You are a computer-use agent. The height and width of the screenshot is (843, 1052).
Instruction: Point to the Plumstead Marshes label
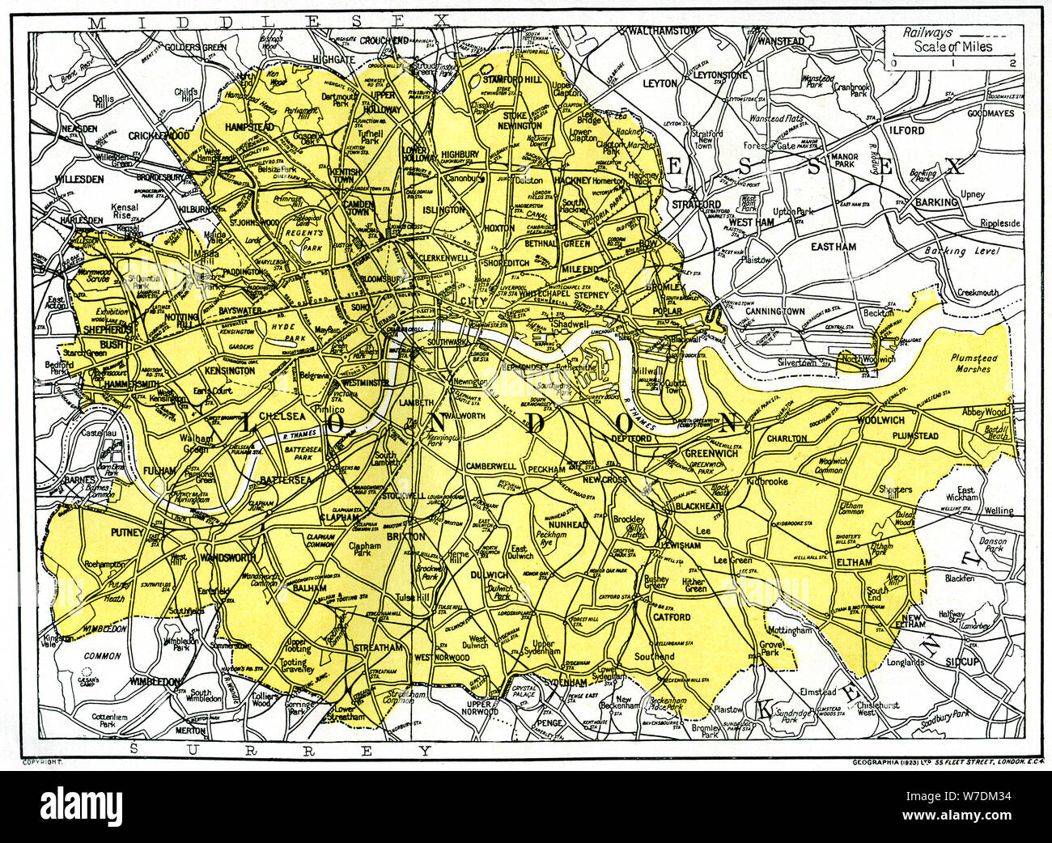click(x=974, y=363)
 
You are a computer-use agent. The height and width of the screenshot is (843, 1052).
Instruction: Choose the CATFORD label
click(x=672, y=616)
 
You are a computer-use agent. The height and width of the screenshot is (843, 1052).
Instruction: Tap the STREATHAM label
click(x=377, y=648)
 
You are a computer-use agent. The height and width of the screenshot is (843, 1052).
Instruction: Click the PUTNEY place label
click(x=126, y=533)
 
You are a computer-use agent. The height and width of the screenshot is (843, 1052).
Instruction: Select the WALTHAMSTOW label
click(x=663, y=30)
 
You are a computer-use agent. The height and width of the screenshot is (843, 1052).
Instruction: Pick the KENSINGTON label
click(x=230, y=371)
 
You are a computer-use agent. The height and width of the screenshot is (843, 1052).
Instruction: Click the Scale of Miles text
click(x=954, y=47)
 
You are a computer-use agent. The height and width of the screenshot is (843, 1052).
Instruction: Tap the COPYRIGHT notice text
click(x=43, y=763)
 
